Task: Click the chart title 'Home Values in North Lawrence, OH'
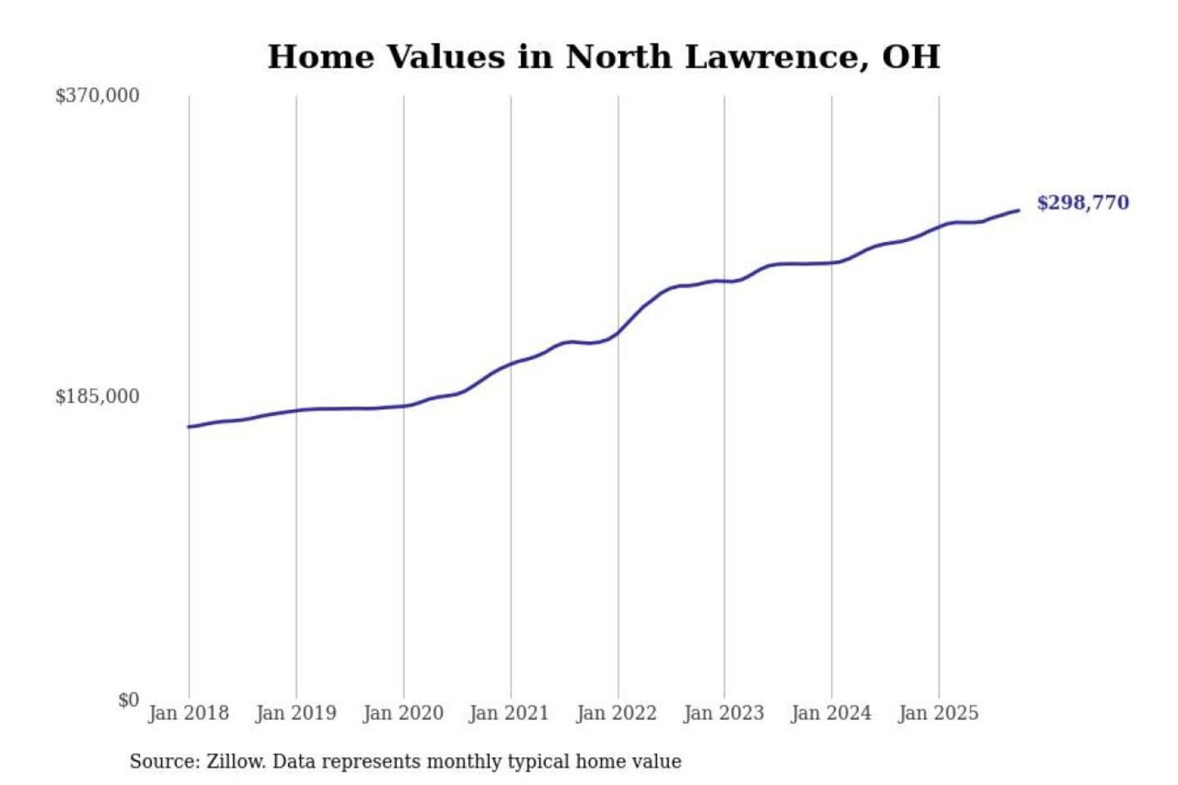click(x=604, y=57)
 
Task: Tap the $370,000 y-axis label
click(x=97, y=96)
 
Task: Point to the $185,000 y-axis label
click(x=97, y=397)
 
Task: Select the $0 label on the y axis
click(x=128, y=700)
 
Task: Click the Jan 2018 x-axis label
click(x=188, y=713)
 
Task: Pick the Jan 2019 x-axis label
click(x=295, y=713)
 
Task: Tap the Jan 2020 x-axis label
click(x=402, y=713)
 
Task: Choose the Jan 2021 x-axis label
click(x=509, y=713)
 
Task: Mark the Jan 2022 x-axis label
click(x=616, y=713)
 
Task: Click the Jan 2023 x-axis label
click(x=723, y=713)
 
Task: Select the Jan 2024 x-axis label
click(x=830, y=713)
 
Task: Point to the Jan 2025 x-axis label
click(x=937, y=713)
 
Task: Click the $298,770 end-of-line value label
click(x=1082, y=203)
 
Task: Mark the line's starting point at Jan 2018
click(x=189, y=427)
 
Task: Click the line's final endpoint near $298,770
click(x=1018, y=211)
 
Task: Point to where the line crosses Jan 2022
click(x=618, y=332)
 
